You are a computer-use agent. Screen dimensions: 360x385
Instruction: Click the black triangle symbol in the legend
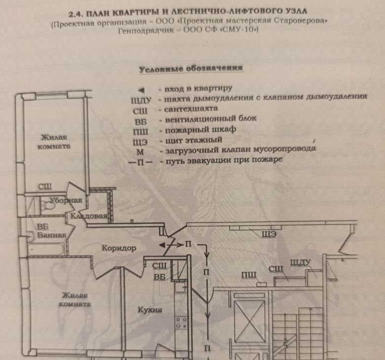pyautogui.click(x=141, y=90)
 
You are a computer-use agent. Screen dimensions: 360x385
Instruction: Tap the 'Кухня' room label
pyautogui.click(x=151, y=310)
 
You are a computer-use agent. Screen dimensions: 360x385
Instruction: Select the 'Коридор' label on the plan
pyautogui.click(x=118, y=248)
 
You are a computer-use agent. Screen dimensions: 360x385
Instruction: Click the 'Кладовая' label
pyautogui.click(x=89, y=216)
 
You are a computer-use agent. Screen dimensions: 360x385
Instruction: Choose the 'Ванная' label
pyautogui.click(x=51, y=235)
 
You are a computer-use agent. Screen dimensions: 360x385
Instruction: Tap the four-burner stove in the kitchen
pyautogui.click(x=181, y=323)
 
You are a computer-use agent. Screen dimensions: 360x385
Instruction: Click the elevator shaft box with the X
pyautogui.click(x=243, y=321)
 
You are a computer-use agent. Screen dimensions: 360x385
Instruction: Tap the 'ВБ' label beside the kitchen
pyautogui.click(x=159, y=277)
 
